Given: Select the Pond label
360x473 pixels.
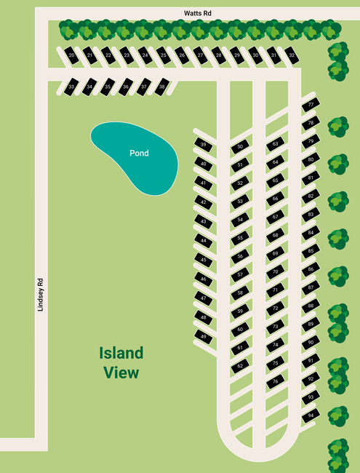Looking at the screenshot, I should tap(139, 154).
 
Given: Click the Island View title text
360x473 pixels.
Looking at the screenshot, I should tap(121, 362).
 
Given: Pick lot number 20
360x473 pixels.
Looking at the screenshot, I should tap(71, 55).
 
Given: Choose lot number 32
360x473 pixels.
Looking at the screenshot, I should tap(292, 55).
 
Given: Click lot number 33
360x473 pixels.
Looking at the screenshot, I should tap(71, 87).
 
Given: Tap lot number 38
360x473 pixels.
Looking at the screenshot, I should tap(162, 87).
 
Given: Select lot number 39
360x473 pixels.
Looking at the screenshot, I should tap(204, 146).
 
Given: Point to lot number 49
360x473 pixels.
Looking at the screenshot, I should tap(204, 337).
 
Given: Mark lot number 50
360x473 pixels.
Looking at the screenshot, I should tap(241, 147).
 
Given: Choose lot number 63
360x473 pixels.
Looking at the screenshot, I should tap(276, 144).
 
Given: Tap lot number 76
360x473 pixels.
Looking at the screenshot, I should tap(276, 381).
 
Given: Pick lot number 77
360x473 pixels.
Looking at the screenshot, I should tap(311, 106).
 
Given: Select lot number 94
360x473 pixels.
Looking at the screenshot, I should tap(311, 416).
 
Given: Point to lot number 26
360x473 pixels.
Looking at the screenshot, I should tap(182, 55).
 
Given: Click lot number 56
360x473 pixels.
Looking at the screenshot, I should tap(241, 256).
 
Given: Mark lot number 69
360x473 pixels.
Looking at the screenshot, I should tap(276, 253).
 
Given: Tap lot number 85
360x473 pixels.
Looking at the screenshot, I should tap(311, 251).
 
